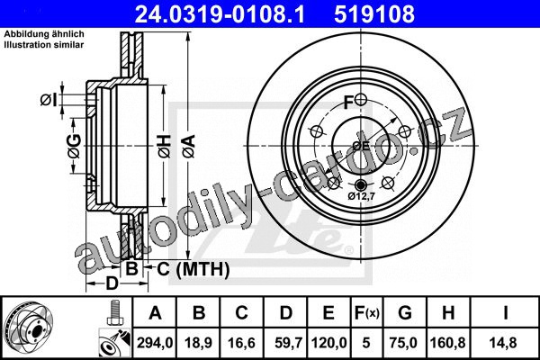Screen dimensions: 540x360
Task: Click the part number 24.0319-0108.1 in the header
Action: coord(220,14)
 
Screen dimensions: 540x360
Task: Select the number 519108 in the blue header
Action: coord(374,14)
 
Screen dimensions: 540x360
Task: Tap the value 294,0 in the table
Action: coord(155,343)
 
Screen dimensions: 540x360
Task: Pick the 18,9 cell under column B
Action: coord(198,343)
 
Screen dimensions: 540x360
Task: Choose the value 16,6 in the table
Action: coord(241,343)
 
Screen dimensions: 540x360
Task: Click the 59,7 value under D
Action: coord(289,343)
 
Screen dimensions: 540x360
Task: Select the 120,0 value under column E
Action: coord(328,343)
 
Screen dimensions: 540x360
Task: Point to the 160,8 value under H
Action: coord(448,343)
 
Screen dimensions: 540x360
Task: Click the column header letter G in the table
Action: coord(405,313)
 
